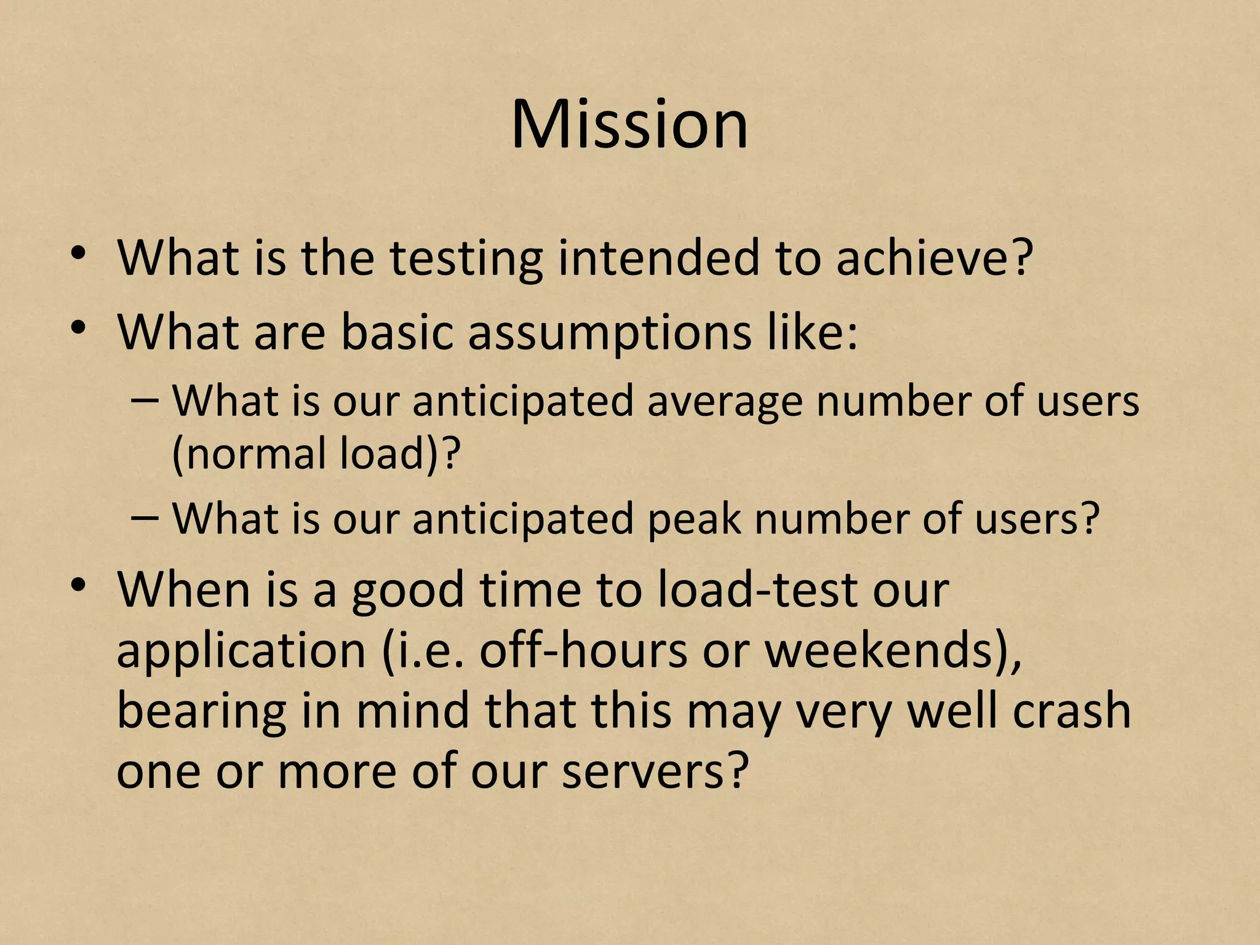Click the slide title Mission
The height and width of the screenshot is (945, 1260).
pyautogui.click(x=629, y=124)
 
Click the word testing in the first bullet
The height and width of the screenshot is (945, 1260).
pyautogui.click(x=466, y=258)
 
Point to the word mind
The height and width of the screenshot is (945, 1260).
pyautogui.click(x=413, y=711)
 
